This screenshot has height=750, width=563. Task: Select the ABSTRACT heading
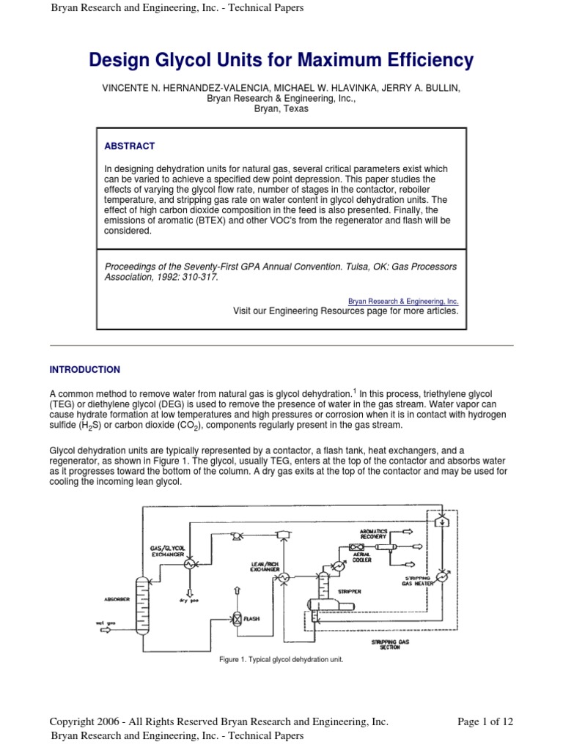pyautogui.click(x=130, y=146)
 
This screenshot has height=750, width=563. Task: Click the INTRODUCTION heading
pyautogui.click(x=84, y=370)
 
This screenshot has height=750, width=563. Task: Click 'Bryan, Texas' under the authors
pyautogui.click(x=281, y=108)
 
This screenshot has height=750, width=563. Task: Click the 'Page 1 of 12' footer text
pyautogui.click(x=485, y=721)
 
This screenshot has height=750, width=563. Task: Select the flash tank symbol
pyautogui.click(x=237, y=617)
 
